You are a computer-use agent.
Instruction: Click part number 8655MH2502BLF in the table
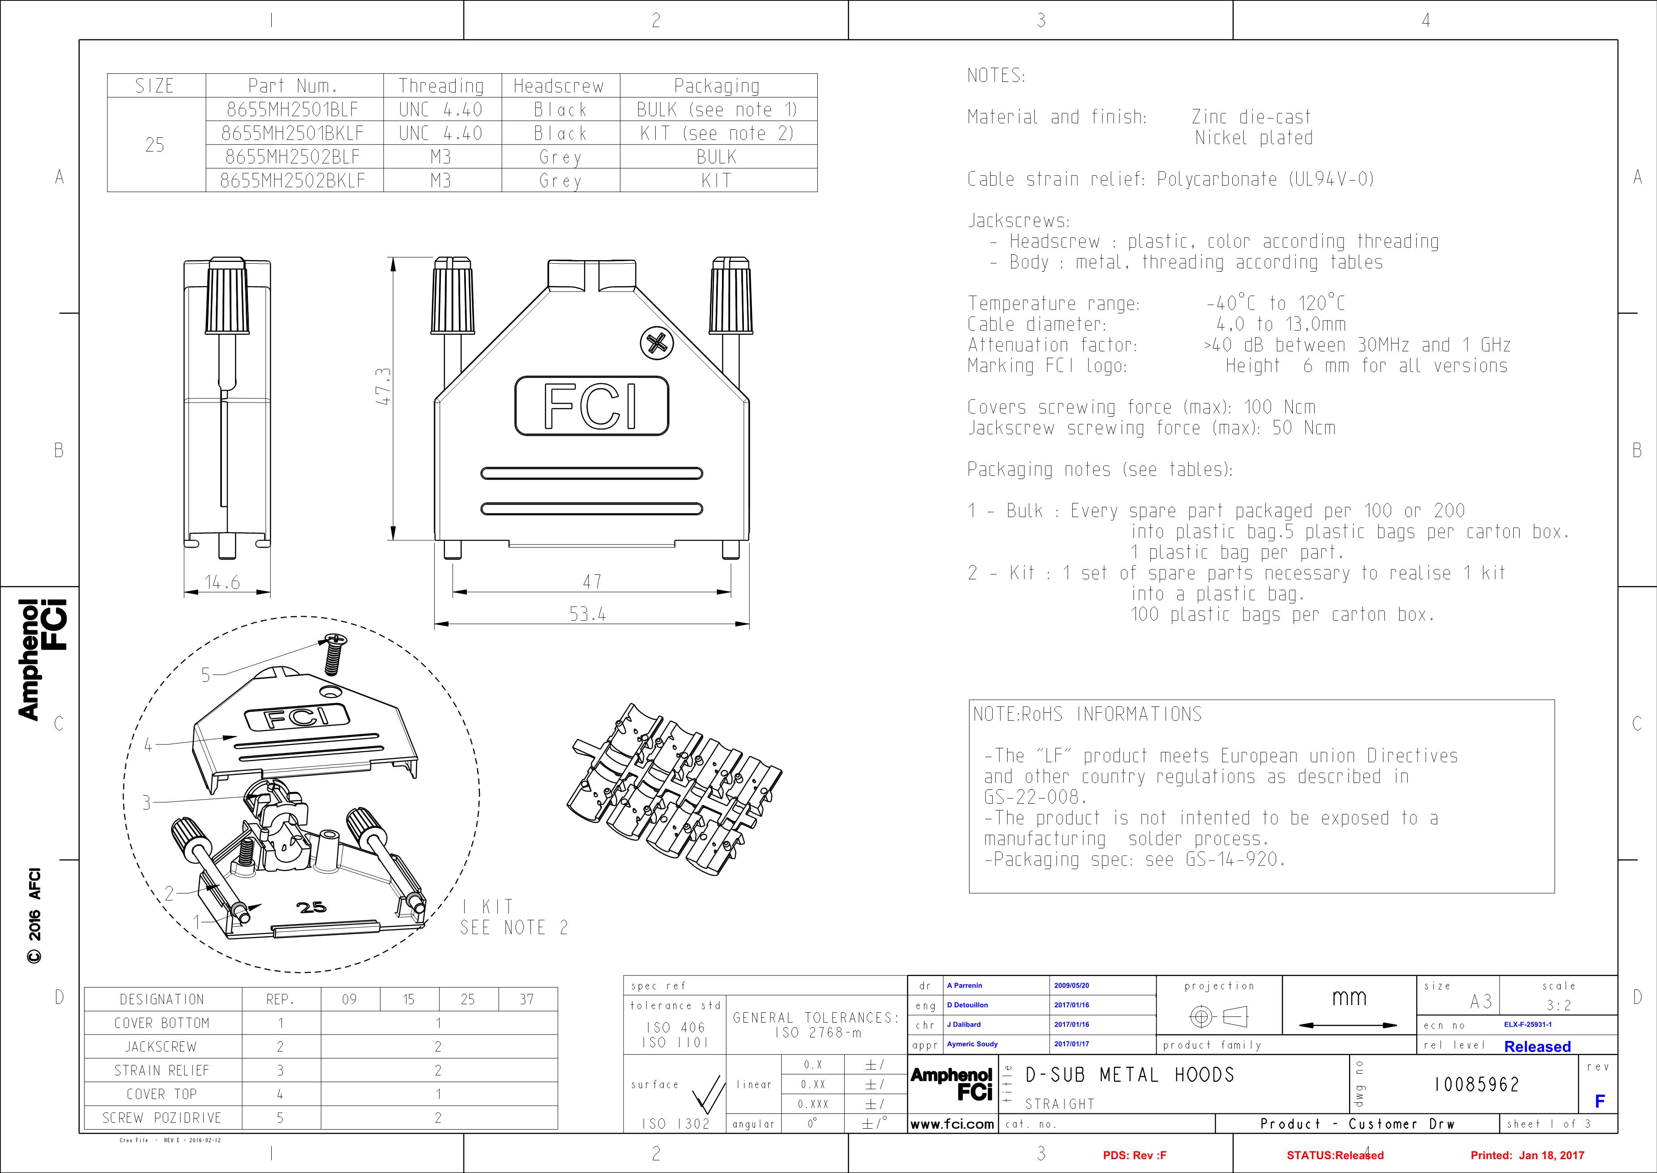[x=292, y=157]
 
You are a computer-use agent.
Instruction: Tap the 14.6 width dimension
[x=222, y=582]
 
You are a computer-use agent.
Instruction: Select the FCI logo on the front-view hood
[x=591, y=406]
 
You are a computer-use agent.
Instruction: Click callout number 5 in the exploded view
[x=206, y=675]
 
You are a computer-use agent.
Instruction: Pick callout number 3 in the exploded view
[x=146, y=802]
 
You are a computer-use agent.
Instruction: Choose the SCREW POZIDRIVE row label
[x=162, y=1118]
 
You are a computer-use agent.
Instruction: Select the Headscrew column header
[x=558, y=86]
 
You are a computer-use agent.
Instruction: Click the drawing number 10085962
[x=1477, y=1085]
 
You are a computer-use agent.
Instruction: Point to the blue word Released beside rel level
[x=1537, y=1047]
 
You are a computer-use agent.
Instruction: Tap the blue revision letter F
[x=1599, y=1101]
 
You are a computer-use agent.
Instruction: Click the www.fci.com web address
[x=952, y=1124]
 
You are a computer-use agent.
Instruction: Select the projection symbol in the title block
[x=1219, y=1018]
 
